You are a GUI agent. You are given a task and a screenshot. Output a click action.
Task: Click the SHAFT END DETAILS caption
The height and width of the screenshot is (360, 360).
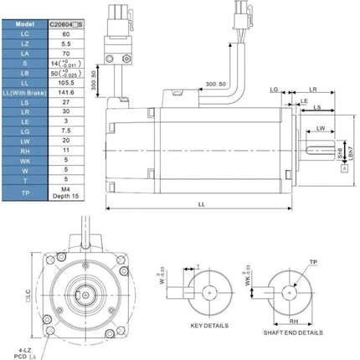(291, 332)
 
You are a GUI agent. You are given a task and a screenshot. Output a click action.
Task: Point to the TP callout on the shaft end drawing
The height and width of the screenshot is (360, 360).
(313, 261)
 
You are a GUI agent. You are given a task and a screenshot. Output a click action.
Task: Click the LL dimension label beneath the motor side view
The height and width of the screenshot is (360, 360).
(203, 203)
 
